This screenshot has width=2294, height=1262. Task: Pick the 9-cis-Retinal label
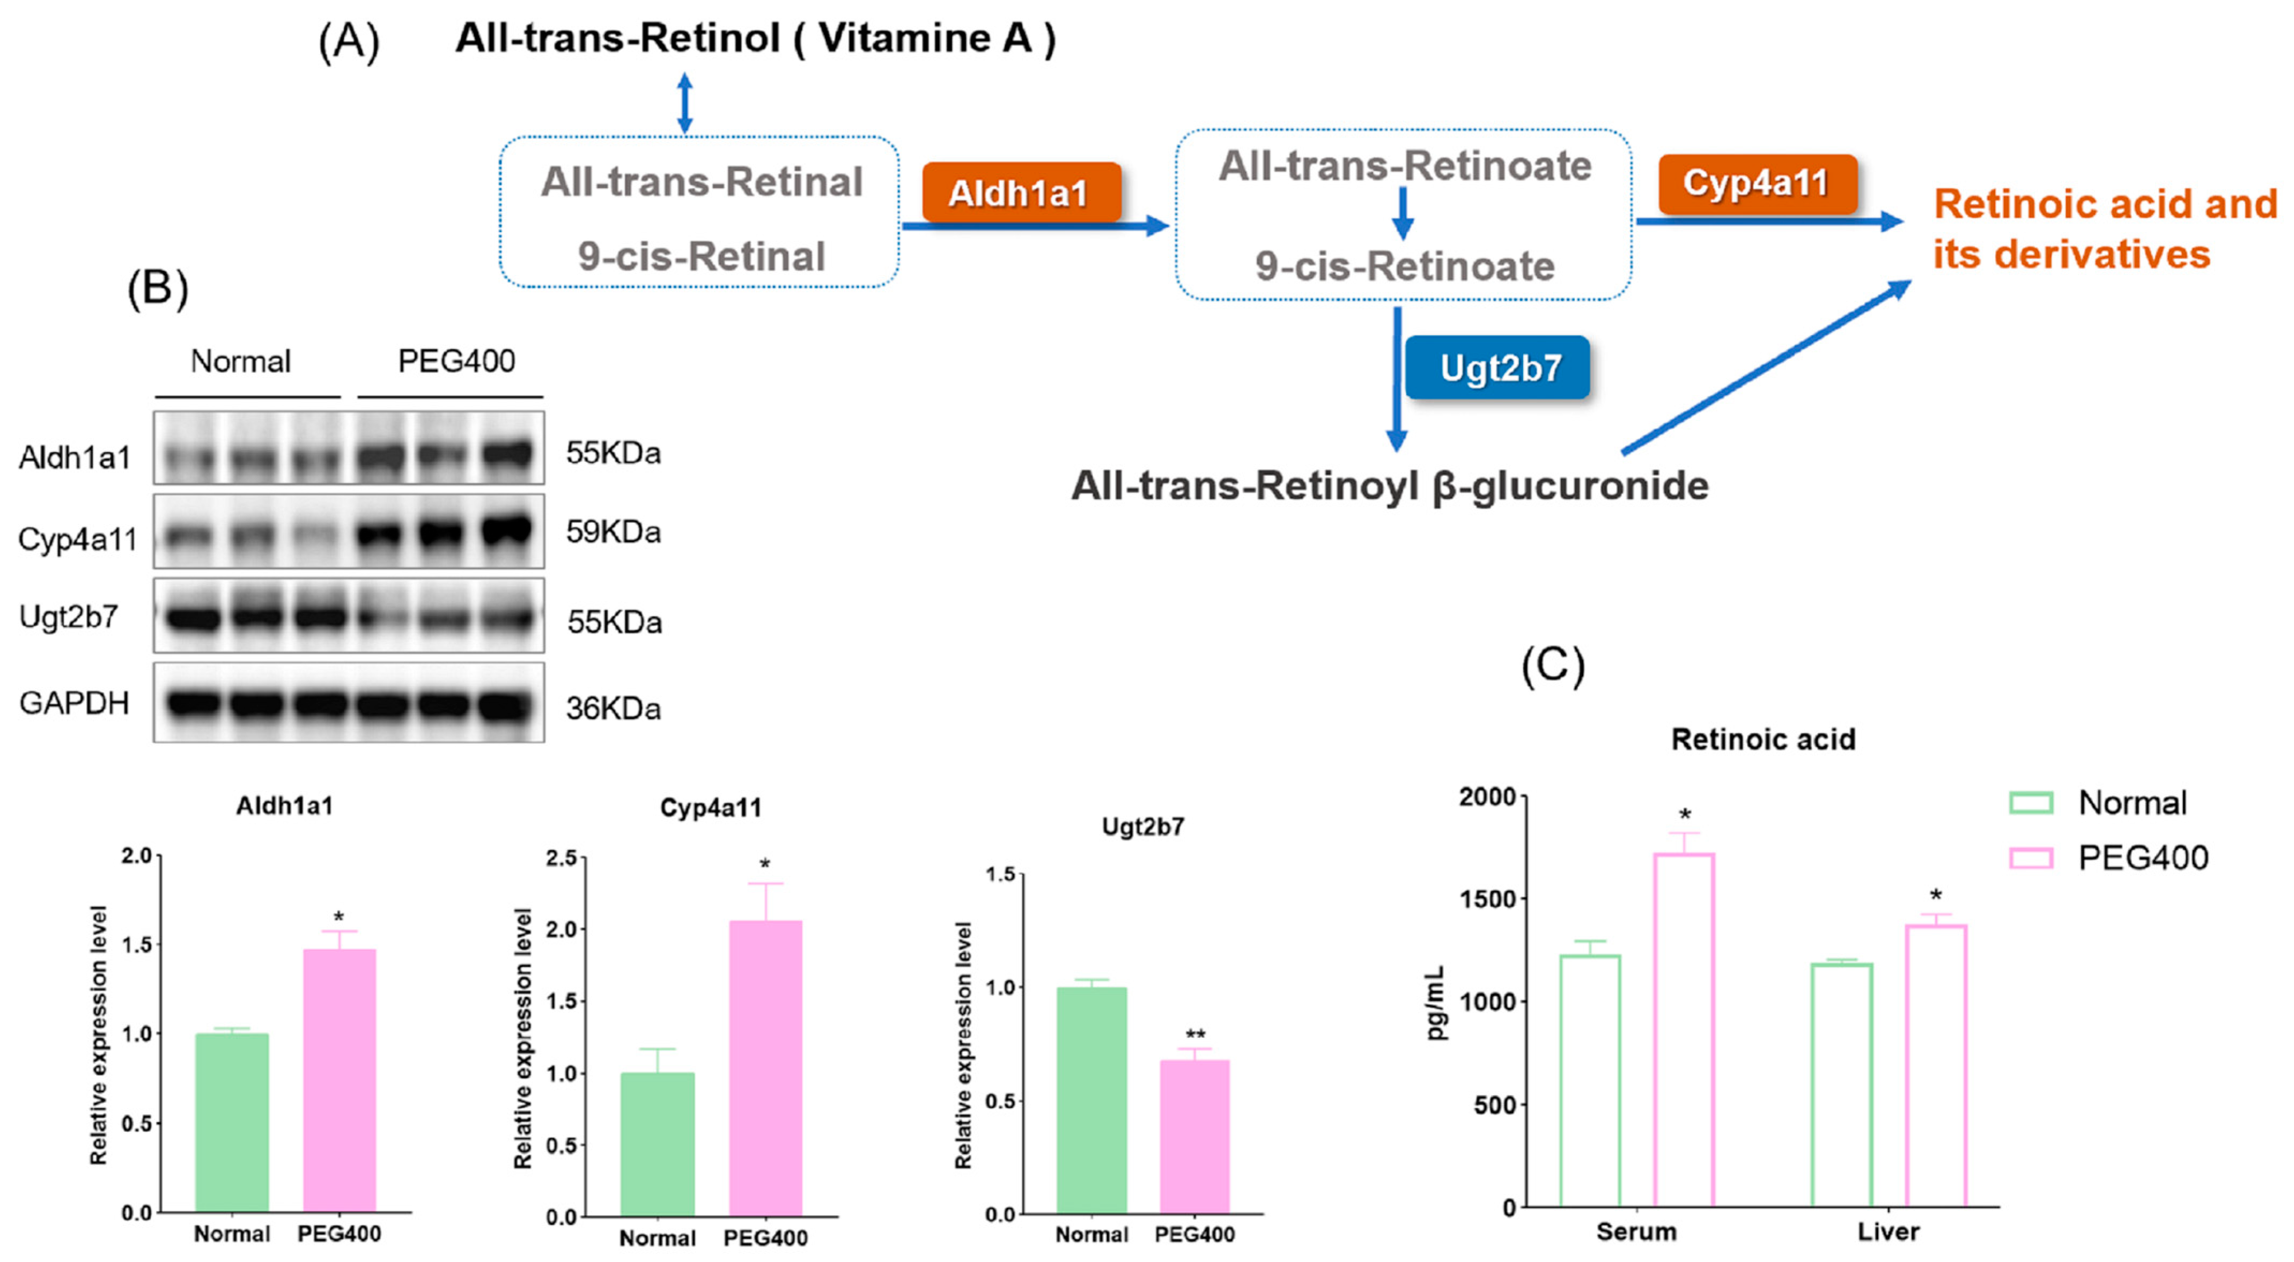pos(701,256)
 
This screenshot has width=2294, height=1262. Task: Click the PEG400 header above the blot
pos(456,361)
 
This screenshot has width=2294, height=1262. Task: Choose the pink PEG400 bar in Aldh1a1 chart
pos(340,1080)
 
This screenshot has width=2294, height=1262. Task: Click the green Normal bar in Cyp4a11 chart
pos(657,1145)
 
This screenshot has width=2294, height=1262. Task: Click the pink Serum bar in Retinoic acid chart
pos(1683,1030)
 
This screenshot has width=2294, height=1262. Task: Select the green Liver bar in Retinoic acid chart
pos(1842,1085)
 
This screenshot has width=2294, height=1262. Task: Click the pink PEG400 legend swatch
pos(2031,858)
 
